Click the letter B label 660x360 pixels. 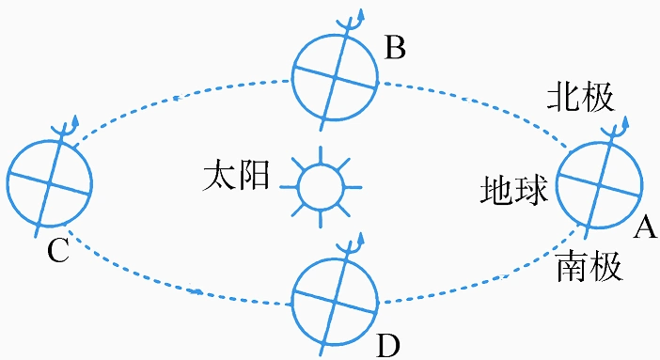coord(396,47)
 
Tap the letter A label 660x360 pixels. coord(645,225)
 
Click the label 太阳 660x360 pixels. coord(235,177)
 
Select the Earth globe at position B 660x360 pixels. coord(336,72)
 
